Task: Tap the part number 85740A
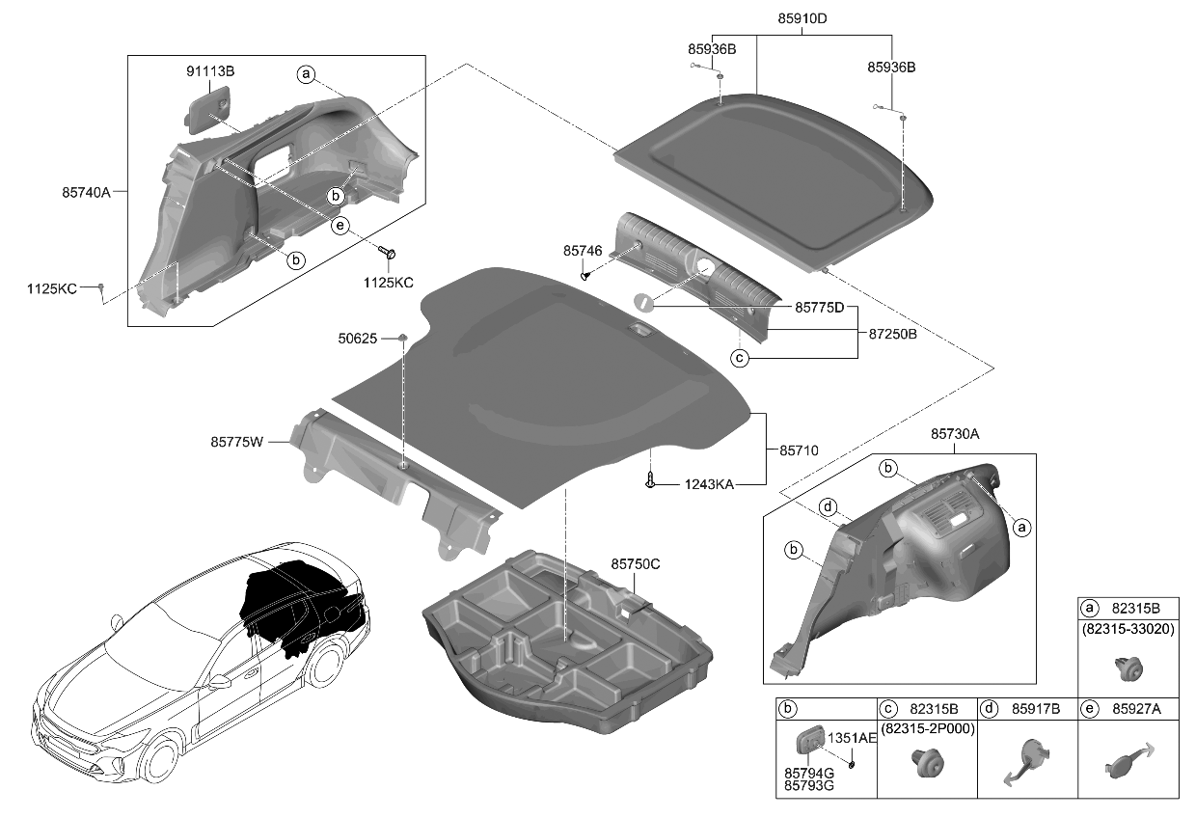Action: pos(89,192)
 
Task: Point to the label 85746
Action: pos(583,251)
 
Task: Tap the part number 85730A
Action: pos(955,435)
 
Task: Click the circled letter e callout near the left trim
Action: pos(339,226)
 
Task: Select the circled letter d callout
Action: pos(827,506)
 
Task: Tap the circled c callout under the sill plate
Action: pos(740,358)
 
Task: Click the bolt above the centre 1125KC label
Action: pos(389,253)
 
